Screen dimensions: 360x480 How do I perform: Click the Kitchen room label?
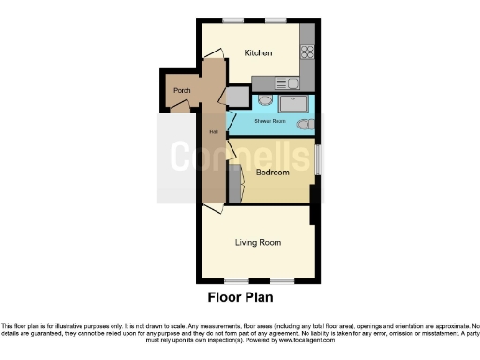point(258,53)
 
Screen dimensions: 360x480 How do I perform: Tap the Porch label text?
point(181,91)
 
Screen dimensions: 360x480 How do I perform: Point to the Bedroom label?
point(271,172)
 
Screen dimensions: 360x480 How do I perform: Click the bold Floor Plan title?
point(239,298)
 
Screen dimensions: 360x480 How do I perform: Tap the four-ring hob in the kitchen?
point(307,52)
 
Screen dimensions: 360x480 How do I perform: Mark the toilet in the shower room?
point(303,125)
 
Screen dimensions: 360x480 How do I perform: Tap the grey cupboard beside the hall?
point(238,97)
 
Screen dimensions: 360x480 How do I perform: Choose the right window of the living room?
point(282,280)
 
